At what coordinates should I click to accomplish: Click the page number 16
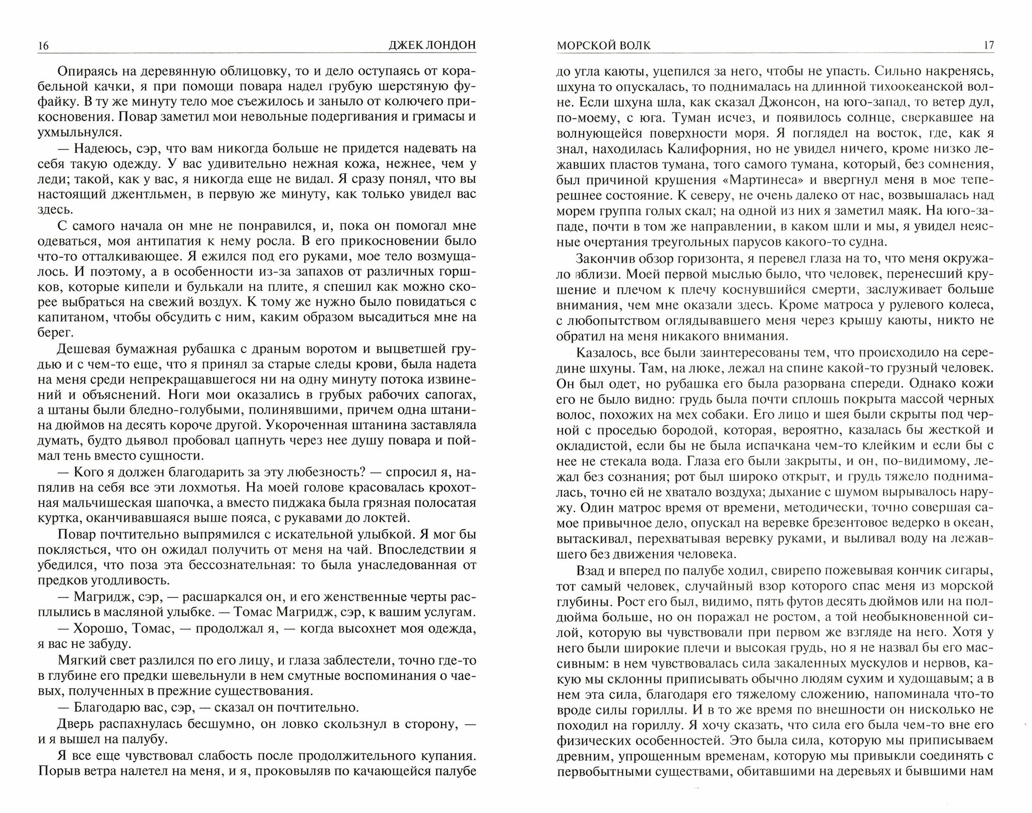[43, 46]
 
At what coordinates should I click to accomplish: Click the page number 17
[988, 45]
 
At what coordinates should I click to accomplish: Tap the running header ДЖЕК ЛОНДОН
[431, 46]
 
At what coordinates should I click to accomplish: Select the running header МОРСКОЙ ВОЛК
[603, 45]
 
